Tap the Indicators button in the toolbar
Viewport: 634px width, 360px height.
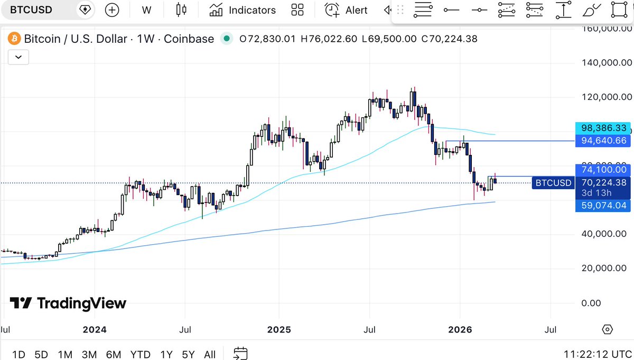(x=243, y=10)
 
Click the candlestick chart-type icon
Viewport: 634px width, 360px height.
(x=182, y=10)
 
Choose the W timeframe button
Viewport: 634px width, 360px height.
(x=147, y=10)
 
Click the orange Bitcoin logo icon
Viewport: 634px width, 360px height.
(x=14, y=39)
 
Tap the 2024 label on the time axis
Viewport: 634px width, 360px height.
(x=95, y=330)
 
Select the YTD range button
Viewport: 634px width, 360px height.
(x=141, y=354)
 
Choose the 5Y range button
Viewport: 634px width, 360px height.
(x=188, y=354)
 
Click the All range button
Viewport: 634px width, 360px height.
(x=210, y=354)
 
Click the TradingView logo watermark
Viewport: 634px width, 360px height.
(x=68, y=303)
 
